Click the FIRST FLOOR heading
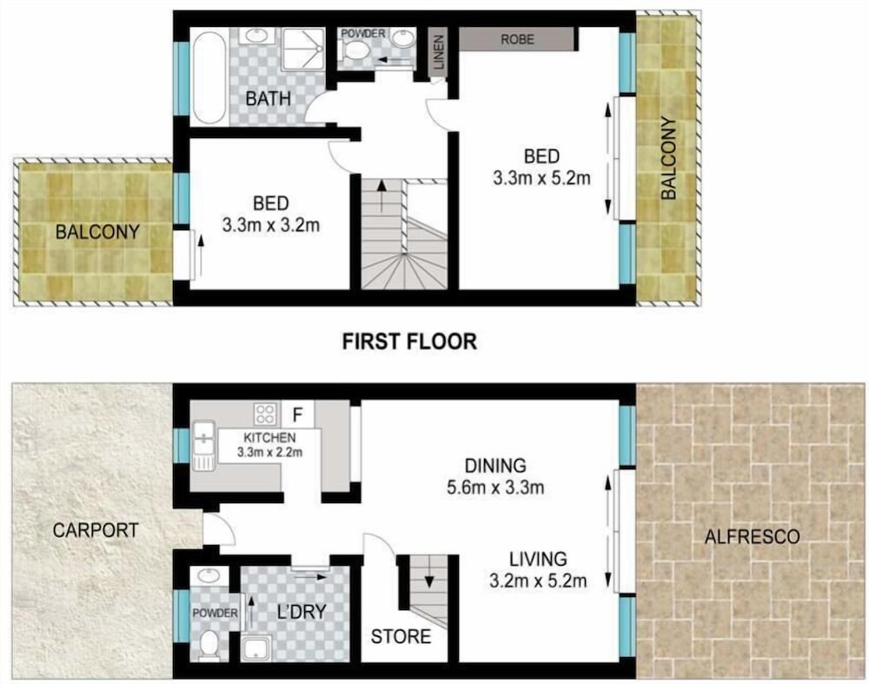click(409, 341)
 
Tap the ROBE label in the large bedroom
click(518, 39)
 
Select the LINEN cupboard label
click(439, 52)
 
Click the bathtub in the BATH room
click(209, 76)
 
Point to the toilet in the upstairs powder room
click(355, 50)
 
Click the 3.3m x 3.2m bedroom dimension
click(271, 226)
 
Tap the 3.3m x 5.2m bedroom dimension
click(541, 178)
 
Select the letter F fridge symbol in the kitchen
click(297, 415)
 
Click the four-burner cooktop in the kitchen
click(265, 414)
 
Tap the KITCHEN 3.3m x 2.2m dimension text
click(270, 452)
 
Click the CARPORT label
click(96, 530)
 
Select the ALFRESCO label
click(752, 536)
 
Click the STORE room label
click(401, 636)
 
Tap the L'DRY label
click(302, 611)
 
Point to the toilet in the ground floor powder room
click(209, 646)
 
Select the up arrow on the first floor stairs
click(381, 196)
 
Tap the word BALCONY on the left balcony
click(97, 232)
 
